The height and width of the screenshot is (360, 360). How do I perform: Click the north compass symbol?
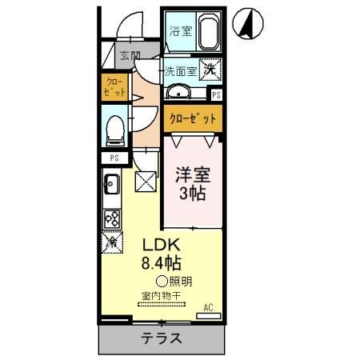[x=247, y=26]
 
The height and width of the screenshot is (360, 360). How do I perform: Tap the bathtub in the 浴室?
[x=208, y=33]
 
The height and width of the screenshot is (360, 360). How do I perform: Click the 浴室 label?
[x=180, y=32]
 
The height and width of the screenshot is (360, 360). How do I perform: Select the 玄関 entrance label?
[x=130, y=57]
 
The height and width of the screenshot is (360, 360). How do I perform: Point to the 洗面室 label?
[x=181, y=70]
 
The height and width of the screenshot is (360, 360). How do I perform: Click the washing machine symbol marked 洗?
[x=209, y=70]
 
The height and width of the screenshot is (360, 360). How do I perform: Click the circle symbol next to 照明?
[x=162, y=281]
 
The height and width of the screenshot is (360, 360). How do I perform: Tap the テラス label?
[x=162, y=337]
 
